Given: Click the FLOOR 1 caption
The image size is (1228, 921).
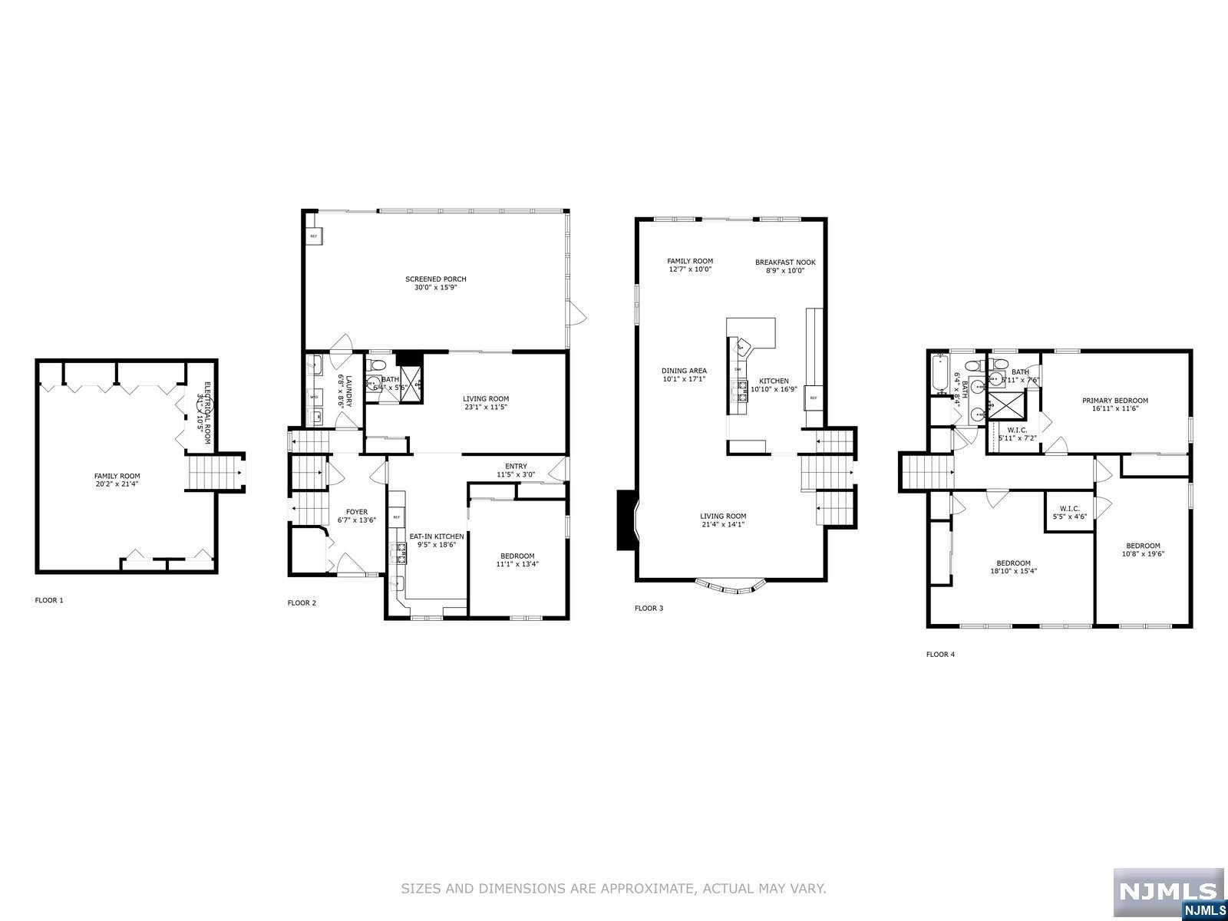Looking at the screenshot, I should click(x=49, y=600).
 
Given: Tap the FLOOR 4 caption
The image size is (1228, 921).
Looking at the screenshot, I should click(x=940, y=655).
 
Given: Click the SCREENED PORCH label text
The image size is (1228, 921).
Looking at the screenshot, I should click(x=436, y=279).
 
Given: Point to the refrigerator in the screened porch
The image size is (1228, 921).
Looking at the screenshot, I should click(x=313, y=236).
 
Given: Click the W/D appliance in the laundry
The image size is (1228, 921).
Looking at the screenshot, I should click(x=314, y=397).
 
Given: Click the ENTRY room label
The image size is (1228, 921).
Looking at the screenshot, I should click(x=516, y=466).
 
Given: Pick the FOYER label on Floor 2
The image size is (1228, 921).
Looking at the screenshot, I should click(x=357, y=512).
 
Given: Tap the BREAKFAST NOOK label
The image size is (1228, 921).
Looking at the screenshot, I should click(x=785, y=262).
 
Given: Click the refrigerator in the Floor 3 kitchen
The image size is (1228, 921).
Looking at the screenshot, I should click(x=814, y=398).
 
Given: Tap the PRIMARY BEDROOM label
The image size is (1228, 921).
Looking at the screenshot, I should click(x=1115, y=401).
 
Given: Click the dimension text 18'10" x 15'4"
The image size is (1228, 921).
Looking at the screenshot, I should click(x=1014, y=571).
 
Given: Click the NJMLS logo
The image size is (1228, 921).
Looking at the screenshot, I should click(x=1168, y=893).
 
